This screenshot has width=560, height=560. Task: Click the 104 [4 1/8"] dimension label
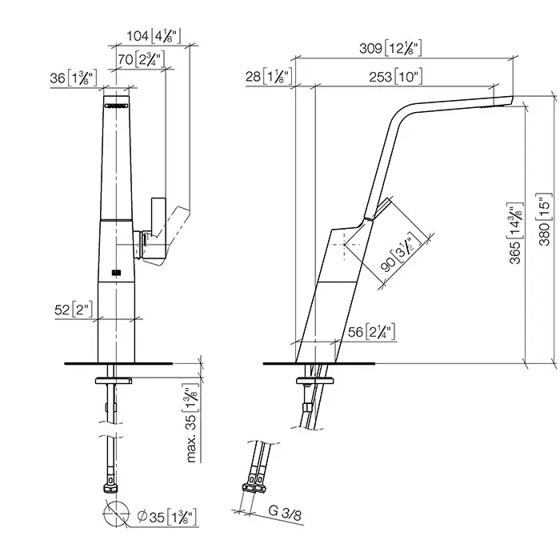point(154,36)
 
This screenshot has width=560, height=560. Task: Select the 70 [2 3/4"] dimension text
point(142,59)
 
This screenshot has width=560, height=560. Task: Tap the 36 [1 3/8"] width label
point(74,78)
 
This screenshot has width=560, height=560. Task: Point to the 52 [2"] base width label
point(74,310)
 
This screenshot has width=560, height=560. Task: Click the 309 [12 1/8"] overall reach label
point(390,48)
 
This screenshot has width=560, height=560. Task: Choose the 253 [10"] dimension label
point(396,77)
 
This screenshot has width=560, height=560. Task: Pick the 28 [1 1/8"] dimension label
point(270,76)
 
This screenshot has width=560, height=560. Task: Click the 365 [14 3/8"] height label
point(515,234)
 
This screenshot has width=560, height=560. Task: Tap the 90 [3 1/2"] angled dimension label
point(401,252)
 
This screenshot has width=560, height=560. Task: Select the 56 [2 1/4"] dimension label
point(371,332)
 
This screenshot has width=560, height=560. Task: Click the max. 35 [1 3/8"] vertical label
point(191,423)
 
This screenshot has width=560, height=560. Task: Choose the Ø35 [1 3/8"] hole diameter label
point(167,517)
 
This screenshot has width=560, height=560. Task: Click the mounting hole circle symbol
point(116,514)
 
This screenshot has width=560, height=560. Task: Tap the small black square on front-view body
point(116,273)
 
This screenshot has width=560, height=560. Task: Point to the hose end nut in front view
point(110,488)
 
